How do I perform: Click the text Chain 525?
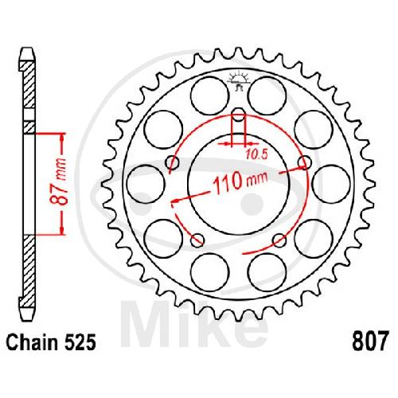(x=50, y=342)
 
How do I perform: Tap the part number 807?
(x=370, y=342)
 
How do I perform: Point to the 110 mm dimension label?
(x=240, y=181)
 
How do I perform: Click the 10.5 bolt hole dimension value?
(x=256, y=154)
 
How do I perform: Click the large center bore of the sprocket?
(x=238, y=185)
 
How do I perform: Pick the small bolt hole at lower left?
(x=197, y=240)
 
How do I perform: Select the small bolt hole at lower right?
(x=279, y=240)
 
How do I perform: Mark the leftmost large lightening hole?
(x=145, y=185)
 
